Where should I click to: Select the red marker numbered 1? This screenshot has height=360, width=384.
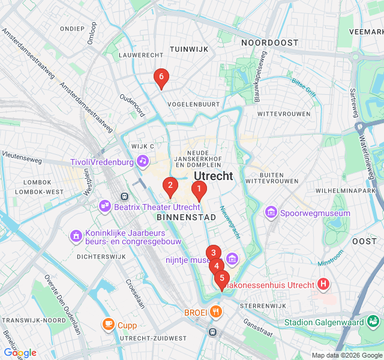point(199,189)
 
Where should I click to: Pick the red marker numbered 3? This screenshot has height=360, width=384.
point(213,253)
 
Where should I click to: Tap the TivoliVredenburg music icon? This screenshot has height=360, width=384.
point(142,160)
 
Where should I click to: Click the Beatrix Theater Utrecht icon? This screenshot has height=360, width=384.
point(106,206)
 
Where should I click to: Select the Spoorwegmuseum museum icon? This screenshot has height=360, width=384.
point(271,213)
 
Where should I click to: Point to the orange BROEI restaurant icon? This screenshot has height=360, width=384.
point(216,312)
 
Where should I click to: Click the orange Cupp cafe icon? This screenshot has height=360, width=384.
point(108,325)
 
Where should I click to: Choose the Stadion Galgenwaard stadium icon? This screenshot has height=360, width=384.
point(373,322)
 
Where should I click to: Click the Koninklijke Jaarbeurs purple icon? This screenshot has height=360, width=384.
point(76,236)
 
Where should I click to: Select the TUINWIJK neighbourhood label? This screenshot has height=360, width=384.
point(188,49)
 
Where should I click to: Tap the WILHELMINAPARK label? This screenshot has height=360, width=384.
point(349,190)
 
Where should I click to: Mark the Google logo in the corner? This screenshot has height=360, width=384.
point(20,353)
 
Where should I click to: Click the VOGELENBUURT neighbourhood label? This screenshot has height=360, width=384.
point(193,104)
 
